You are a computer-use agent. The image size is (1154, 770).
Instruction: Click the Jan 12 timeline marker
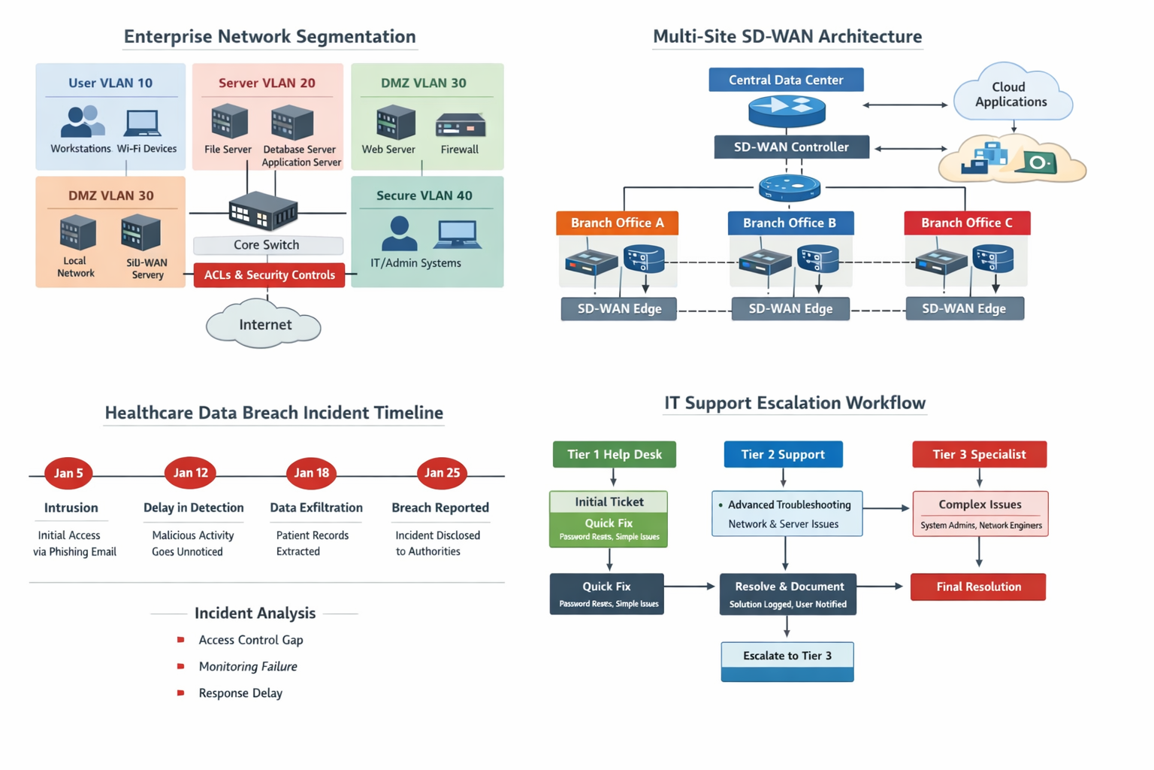click(190, 473)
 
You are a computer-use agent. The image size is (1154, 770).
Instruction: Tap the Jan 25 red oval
click(442, 473)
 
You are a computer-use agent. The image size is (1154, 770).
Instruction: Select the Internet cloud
click(264, 325)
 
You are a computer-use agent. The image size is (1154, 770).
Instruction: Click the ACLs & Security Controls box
click(269, 275)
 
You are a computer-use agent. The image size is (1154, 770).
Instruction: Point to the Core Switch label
click(267, 245)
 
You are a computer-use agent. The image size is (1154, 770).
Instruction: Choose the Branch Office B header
click(790, 223)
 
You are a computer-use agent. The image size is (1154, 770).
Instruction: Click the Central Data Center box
click(786, 80)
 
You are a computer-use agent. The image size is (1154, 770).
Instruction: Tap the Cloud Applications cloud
click(1011, 95)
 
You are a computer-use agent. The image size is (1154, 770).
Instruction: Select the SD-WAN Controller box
click(791, 147)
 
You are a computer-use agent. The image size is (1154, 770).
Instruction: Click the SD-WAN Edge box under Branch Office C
click(964, 309)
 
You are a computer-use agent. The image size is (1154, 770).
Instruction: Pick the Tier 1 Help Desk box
click(614, 454)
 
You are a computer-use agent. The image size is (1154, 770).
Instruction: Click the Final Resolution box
click(977, 587)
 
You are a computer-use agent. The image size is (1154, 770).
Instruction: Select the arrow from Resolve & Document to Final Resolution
click(880, 587)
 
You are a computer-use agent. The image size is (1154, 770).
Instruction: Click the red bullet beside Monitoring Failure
click(180, 666)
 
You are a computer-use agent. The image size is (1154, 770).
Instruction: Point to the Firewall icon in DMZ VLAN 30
click(460, 125)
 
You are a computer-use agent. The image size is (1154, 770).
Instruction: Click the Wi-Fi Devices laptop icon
click(143, 122)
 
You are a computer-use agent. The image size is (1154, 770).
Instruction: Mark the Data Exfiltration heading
click(316, 508)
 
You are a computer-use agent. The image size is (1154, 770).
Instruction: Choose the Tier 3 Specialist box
click(978, 454)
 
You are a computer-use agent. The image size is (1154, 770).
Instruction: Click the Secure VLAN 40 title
click(424, 196)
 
